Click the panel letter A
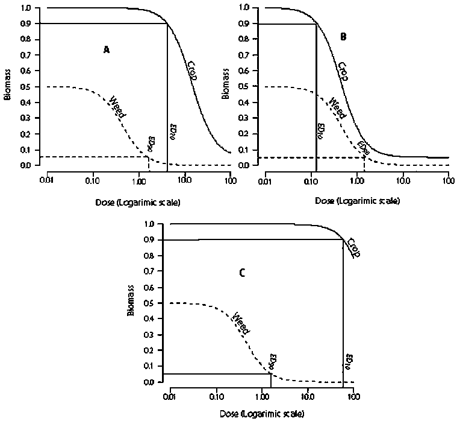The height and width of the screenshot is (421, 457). pyautogui.click(x=106, y=50)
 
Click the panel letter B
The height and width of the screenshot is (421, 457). pyautogui.click(x=343, y=37)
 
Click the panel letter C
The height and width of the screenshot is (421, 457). pyautogui.click(x=241, y=272)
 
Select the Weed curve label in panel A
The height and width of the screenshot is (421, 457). pyautogui.click(x=118, y=105)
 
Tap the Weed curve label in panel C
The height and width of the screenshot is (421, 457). pyautogui.click(x=241, y=323)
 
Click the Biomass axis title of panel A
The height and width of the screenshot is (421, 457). pyautogui.click(x=8, y=85)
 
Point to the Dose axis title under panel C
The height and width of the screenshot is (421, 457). pyautogui.click(x=262, y=414)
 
